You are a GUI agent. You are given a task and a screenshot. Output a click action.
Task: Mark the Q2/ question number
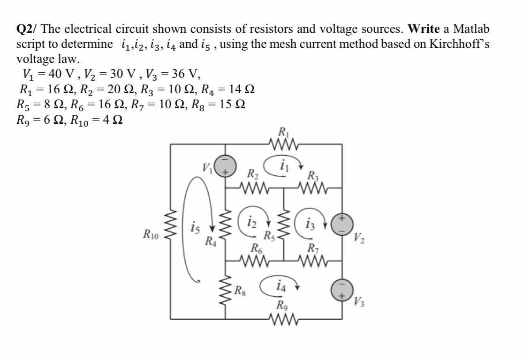pos(27,29)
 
